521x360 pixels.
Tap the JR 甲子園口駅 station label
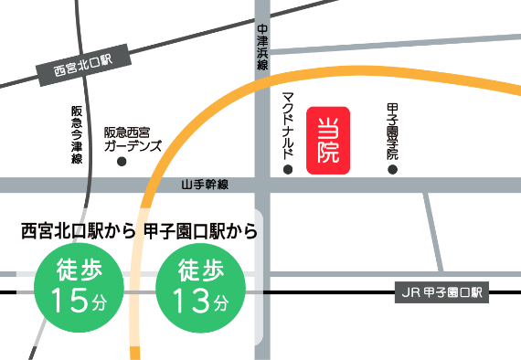441,293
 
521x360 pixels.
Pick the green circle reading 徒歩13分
200,286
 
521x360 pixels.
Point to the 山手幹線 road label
205,185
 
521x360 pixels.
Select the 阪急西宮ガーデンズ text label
133,138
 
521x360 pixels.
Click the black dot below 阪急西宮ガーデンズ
122,162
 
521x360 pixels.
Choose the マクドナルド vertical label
287,122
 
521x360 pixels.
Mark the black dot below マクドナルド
287,169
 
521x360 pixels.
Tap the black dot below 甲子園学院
393,169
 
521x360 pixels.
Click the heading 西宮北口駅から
79,231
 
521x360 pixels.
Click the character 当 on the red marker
328,127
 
